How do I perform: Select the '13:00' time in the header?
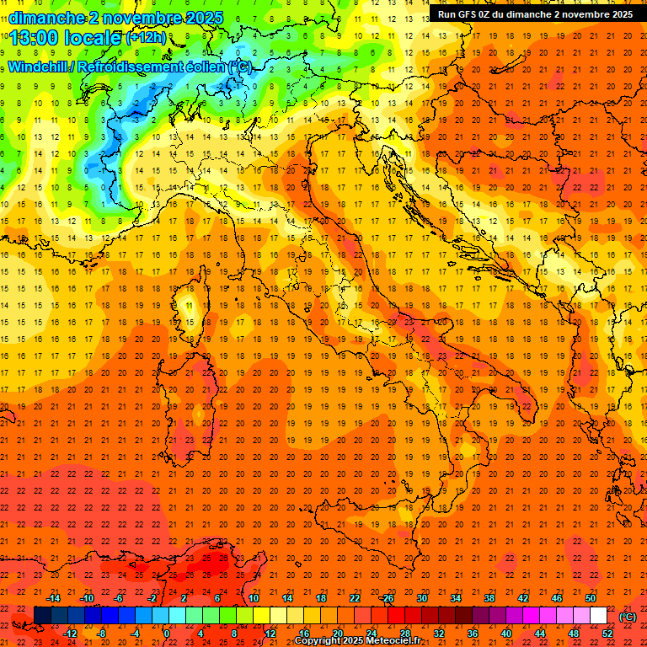tap(33, 38)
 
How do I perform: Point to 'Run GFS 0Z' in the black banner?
tap(468, 14)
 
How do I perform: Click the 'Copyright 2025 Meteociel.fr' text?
tap(357, 641)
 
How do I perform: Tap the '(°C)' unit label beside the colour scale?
tap(628, 617)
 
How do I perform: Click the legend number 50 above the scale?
tap(590, 598)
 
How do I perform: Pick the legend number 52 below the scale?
tap(607, 634)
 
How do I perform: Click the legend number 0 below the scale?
tap(167, 634)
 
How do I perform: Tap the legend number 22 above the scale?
tap(354, 598)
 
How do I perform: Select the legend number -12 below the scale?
tap(70, 634)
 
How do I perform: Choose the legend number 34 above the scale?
tap(455, 598)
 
